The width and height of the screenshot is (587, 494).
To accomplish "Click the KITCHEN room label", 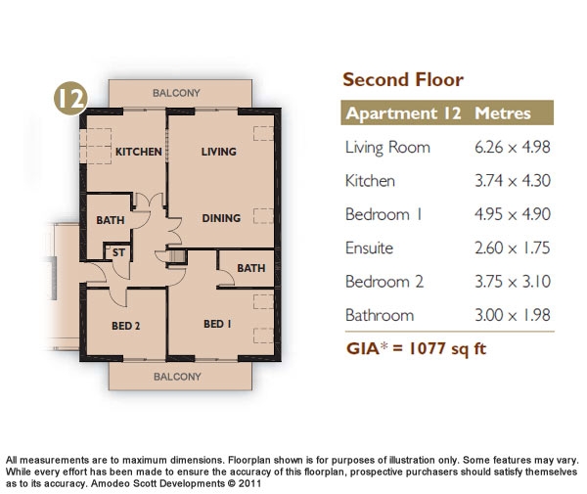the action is [x=139, y=152].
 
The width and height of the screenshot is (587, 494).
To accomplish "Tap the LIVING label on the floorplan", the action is [x=219, y=152].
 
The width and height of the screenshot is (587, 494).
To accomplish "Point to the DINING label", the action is [x=221, y=218].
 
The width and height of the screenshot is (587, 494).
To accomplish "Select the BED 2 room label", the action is [x=126, y=326].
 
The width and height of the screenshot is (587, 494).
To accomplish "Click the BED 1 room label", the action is [x=217, y=324].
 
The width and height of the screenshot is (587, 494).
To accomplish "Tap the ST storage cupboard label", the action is [x=118, y=252].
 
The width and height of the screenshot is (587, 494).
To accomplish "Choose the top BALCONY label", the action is [x=176, y=93].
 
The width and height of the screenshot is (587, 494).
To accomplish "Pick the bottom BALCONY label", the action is [x=177, y=377].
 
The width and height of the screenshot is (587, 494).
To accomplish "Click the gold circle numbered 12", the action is [x=70, y=99].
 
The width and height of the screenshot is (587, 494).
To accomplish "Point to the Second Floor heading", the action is [x=403, y=79].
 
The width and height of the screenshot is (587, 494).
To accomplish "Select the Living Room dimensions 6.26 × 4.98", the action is [x=513, y=147].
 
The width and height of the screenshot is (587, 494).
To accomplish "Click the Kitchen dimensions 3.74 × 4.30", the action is [x=513, y=181].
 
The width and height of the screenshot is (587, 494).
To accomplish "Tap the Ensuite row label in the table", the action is [x=369, y=247].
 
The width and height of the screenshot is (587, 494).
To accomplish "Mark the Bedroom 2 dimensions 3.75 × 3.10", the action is [x=513, y=282].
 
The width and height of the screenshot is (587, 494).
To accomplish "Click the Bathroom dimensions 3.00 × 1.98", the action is [x=513, y=315].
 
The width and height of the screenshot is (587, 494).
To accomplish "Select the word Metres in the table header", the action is [x=503, y=113].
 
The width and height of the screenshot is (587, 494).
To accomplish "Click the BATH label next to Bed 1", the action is [x=251, y=268].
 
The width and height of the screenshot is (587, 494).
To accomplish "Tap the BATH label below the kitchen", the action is [x=111, y=220].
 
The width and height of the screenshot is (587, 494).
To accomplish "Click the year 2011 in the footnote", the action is [x=249, y=483].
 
